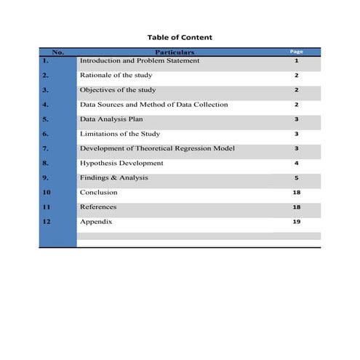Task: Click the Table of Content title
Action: click(180, 37)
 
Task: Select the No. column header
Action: click(58, 52)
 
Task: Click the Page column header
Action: click(296, 52)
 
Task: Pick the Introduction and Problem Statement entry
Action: click(140, 60)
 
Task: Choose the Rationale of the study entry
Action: click(116, 75)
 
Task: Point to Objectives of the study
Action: click(117, 89)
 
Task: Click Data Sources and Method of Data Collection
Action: click(153, 104)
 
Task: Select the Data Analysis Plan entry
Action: click(112, 119)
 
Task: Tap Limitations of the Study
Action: click(119, 134)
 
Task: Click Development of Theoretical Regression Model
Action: click(157, 148)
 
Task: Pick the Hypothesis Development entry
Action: click(121, 163)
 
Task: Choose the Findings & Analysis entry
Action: click(113, 177)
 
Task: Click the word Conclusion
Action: click(98, 192)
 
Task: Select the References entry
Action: click(98, 207)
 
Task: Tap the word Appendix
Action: click(96, 221)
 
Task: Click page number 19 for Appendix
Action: click(296, 221)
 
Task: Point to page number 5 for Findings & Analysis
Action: click(296, 177)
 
